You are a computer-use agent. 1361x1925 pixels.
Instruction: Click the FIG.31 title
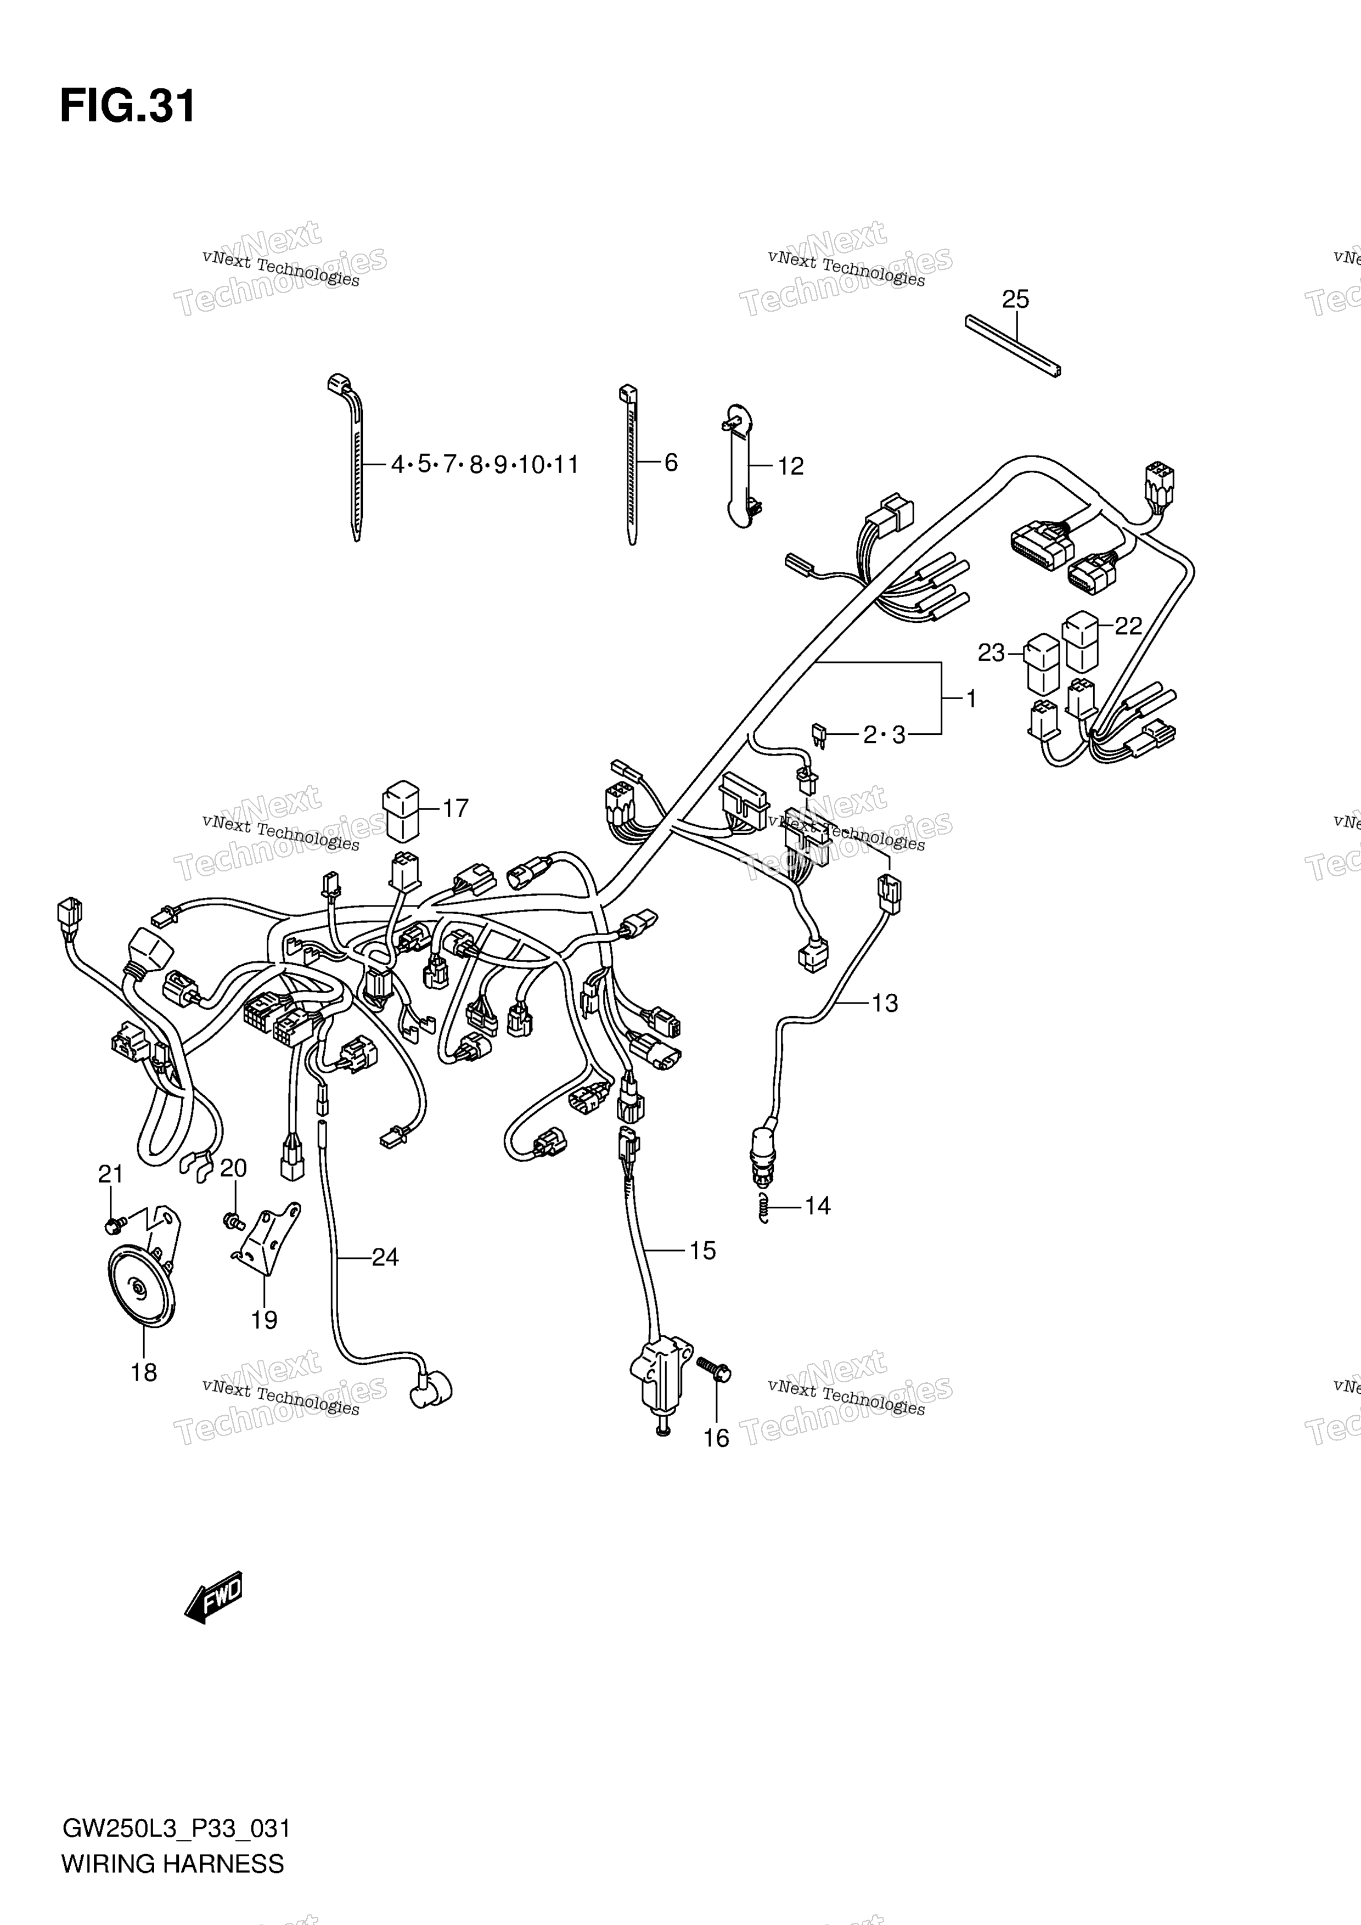127,106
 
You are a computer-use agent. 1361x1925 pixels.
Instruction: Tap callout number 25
1015,299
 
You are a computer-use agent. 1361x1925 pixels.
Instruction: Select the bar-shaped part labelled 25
1012,345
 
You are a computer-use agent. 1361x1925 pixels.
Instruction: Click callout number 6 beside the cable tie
671,463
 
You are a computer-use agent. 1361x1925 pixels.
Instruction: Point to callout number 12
790,466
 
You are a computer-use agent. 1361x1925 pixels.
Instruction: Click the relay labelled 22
1080,641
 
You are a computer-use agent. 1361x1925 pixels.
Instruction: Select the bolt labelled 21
115,1225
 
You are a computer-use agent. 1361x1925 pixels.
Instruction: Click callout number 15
702,1251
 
